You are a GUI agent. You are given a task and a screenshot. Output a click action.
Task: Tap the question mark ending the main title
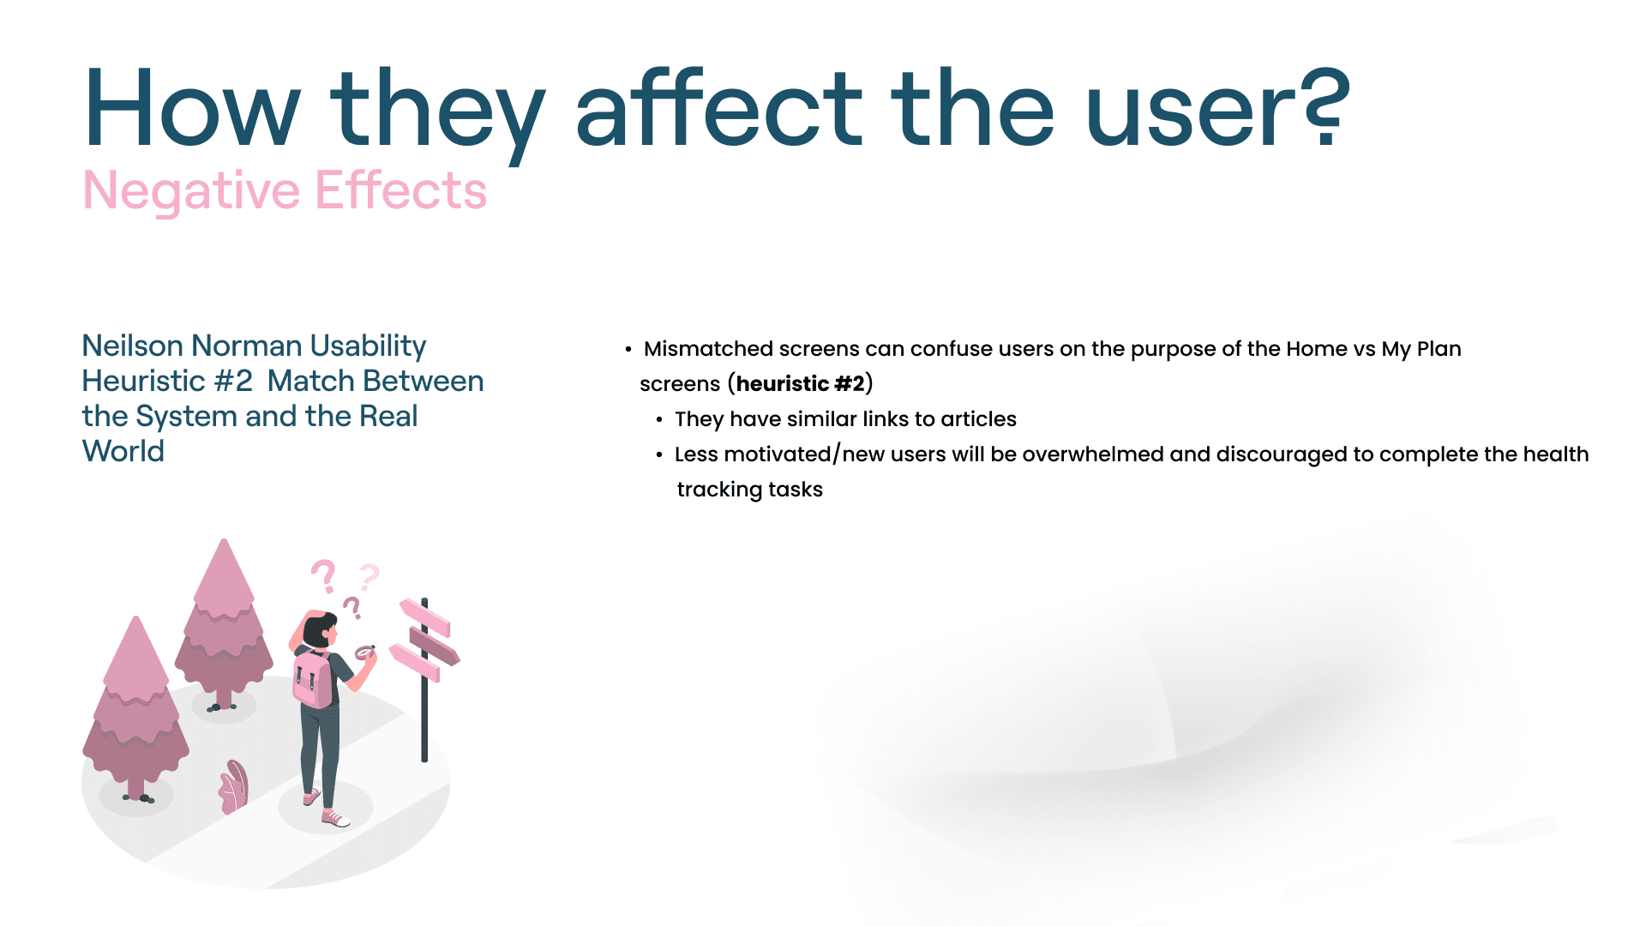[1325, 107]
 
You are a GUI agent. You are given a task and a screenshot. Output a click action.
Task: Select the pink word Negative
[190, 191]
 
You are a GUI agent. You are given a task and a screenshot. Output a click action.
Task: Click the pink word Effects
[401, 189]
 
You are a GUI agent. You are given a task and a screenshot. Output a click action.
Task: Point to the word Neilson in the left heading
[133, 346]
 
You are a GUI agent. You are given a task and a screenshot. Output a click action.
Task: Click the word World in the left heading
[123, 451]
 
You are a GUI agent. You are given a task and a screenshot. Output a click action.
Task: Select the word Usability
[368, 346]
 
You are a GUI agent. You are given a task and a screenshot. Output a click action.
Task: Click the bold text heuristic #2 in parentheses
[800, 383]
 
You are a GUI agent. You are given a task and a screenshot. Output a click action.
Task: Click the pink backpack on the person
[312, 677]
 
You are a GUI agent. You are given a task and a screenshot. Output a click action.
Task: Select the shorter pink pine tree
[135, 707]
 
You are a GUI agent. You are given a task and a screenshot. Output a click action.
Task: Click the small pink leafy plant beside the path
[233, 786]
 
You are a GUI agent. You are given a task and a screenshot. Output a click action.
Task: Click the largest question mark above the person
[324, 576]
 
